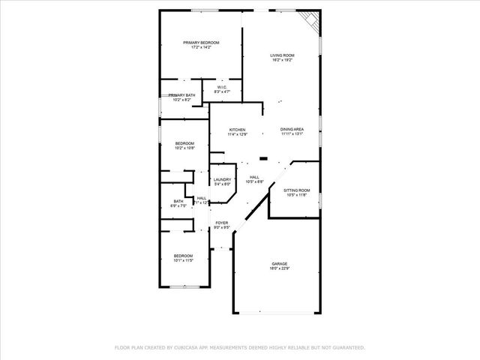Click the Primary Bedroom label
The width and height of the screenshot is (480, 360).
[x=200, y=43]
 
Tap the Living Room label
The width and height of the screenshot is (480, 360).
[x=282, y=55]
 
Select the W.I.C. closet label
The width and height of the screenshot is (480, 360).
[x=222, y=87]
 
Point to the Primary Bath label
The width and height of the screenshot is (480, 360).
[x=181, y=95]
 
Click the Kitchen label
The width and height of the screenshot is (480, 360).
[x=238, y=130]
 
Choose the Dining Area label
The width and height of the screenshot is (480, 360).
[x=292, y=130]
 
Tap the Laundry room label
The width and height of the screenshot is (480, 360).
[x=222, y=179]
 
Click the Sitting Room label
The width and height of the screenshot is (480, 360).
[x=296, y=190]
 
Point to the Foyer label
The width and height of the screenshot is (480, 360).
[x=222, y=223]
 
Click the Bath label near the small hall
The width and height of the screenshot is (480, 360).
[x=178, y=201]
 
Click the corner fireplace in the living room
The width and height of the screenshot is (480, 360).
[x=310, y=22]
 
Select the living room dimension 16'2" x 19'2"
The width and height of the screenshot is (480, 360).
[x=282, y=60]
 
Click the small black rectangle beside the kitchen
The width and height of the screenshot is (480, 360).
[x=263, y=158]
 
